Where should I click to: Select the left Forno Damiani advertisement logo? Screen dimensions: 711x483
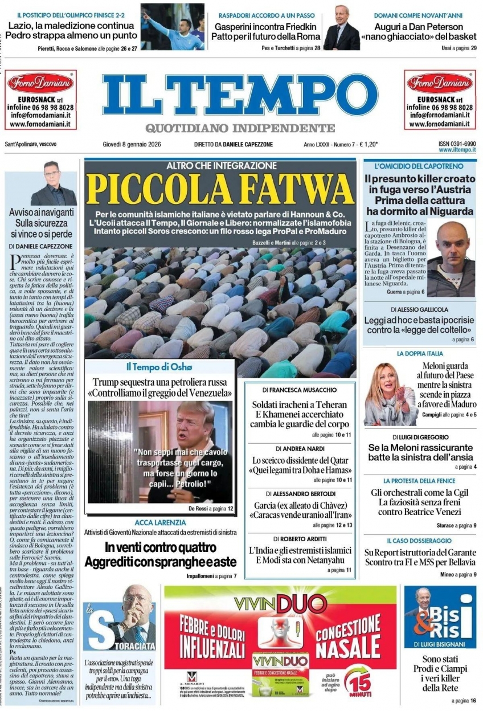coord(40,83)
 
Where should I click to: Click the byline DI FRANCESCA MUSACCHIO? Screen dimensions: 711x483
coord(300,390)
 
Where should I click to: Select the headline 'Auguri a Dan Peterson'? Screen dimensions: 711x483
coord(419,27)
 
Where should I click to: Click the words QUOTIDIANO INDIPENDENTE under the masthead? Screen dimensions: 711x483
coord(240,128)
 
